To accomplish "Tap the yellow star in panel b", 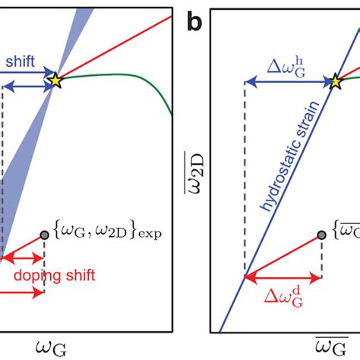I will coord(335,81).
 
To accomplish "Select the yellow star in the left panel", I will coord(55,80).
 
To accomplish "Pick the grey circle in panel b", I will coord(323,235).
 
